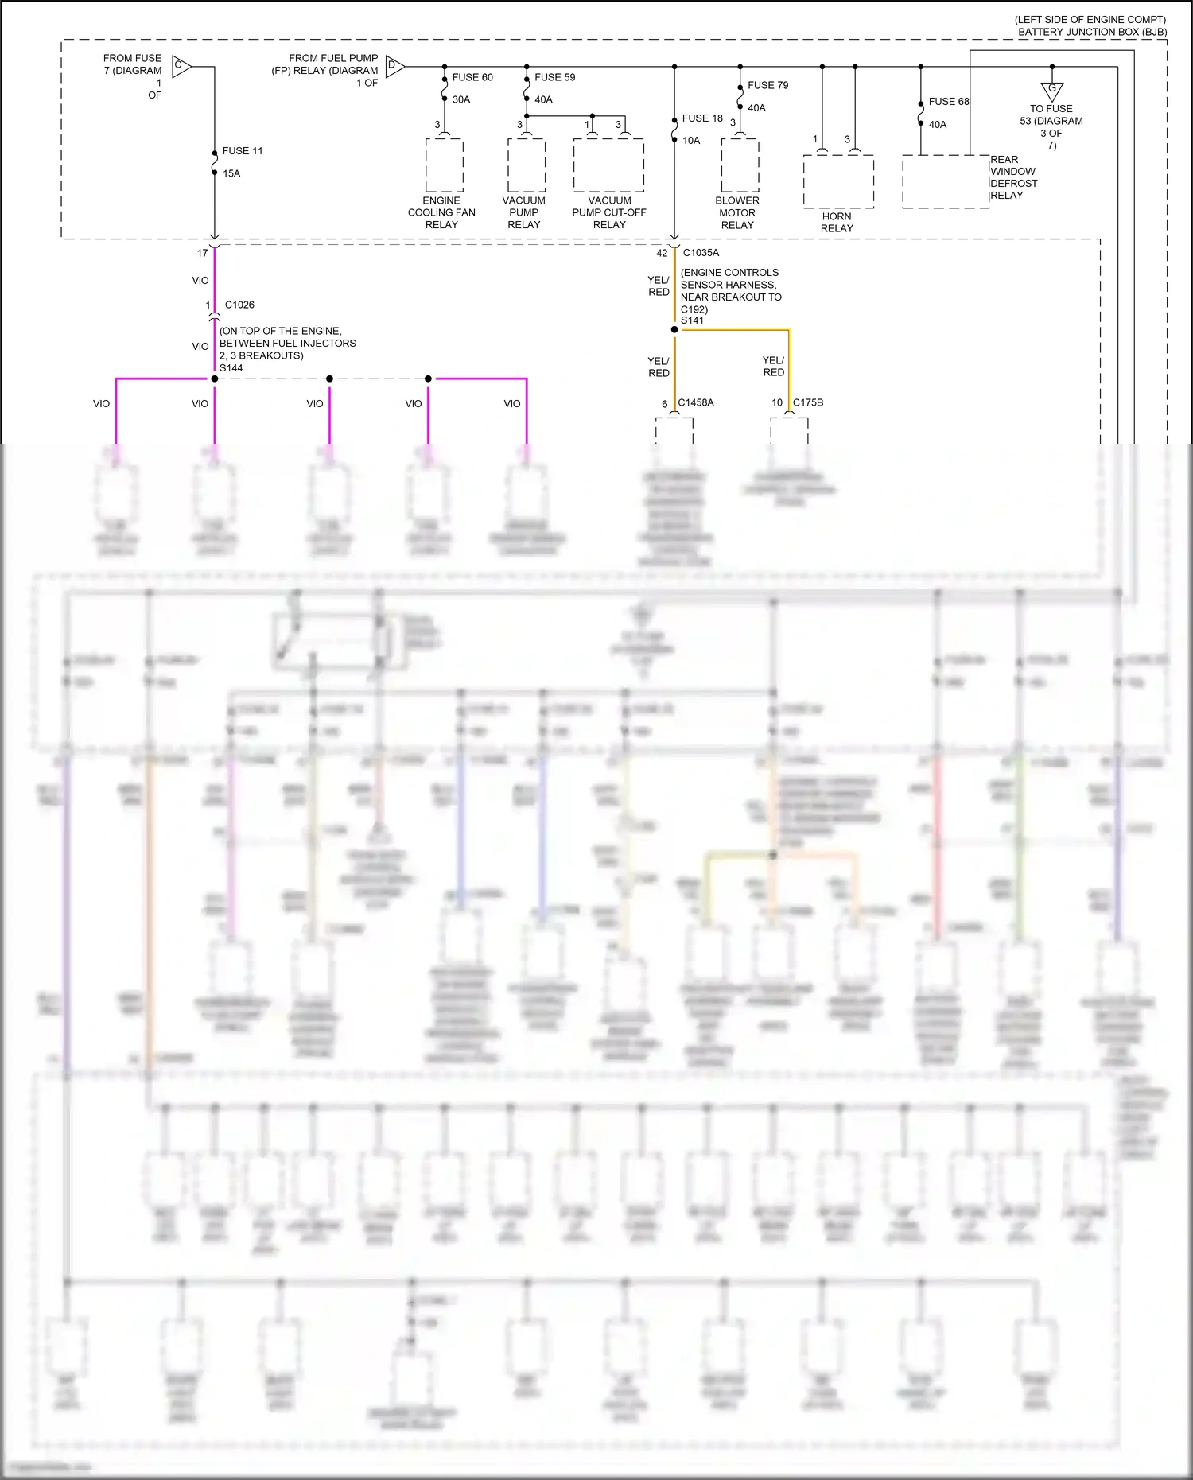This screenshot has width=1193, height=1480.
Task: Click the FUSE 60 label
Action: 472,77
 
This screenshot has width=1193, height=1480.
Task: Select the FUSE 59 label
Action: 554,77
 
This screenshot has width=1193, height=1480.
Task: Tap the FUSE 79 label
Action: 767,85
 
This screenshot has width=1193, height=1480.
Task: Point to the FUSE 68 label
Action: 948,101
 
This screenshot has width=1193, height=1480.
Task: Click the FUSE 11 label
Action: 242,150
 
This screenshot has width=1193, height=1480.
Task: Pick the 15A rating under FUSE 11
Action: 231,173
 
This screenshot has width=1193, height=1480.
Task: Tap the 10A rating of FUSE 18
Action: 691,140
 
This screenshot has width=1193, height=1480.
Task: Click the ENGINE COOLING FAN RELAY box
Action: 445,165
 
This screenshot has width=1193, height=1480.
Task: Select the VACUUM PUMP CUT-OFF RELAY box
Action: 608,165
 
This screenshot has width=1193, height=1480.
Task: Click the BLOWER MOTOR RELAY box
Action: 740,165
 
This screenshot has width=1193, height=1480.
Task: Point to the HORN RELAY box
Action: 838,181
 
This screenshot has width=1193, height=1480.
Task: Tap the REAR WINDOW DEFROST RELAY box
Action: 946,181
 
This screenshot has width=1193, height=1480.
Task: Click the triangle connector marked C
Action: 181,66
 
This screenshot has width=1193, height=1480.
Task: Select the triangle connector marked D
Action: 394,66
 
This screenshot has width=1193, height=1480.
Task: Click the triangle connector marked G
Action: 1051,90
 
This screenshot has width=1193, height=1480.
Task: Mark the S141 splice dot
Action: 674,329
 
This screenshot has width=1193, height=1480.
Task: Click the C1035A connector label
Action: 701,252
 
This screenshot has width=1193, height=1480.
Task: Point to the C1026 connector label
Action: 239,305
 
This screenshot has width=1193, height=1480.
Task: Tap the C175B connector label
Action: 807,402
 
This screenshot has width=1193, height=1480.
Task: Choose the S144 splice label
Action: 231,367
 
